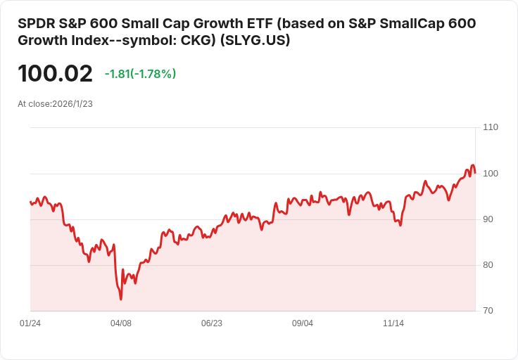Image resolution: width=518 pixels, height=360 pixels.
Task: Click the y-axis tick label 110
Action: (x=491, y=127)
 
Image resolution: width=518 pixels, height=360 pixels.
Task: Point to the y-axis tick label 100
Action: (x=491, y=174)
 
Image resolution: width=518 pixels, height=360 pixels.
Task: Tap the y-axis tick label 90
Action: (x=488, y=219)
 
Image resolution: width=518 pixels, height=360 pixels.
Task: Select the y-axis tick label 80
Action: (x=488, y=265)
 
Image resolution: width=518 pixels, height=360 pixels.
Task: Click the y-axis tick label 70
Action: (x=488, y=311)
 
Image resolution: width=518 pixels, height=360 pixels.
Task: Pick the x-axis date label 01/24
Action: (x=30, y=323)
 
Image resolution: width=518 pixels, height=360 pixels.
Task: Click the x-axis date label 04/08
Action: (x=121, y=323)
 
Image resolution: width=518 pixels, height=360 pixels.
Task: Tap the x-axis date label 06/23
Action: (x=212, y=323)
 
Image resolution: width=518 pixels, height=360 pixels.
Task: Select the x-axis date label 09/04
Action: (x=303, y=323)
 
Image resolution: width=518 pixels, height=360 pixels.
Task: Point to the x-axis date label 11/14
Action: (x=393, y=323)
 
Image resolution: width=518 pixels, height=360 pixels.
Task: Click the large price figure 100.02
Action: (x=55, y=73)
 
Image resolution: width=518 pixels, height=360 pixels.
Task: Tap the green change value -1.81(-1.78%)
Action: (x=140, y=74)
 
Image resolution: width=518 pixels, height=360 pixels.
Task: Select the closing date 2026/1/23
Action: (x=72, y=104)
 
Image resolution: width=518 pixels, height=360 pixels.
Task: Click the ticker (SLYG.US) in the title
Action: (x=255, y=40)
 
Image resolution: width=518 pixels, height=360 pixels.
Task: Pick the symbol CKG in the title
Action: (x=198, y=40)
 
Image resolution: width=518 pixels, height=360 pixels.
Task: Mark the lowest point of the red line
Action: (x=121, y=300)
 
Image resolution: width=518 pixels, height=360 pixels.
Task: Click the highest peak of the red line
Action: (x=473, y=165)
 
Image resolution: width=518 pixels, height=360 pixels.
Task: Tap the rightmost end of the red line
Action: (x=475, y=172)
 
